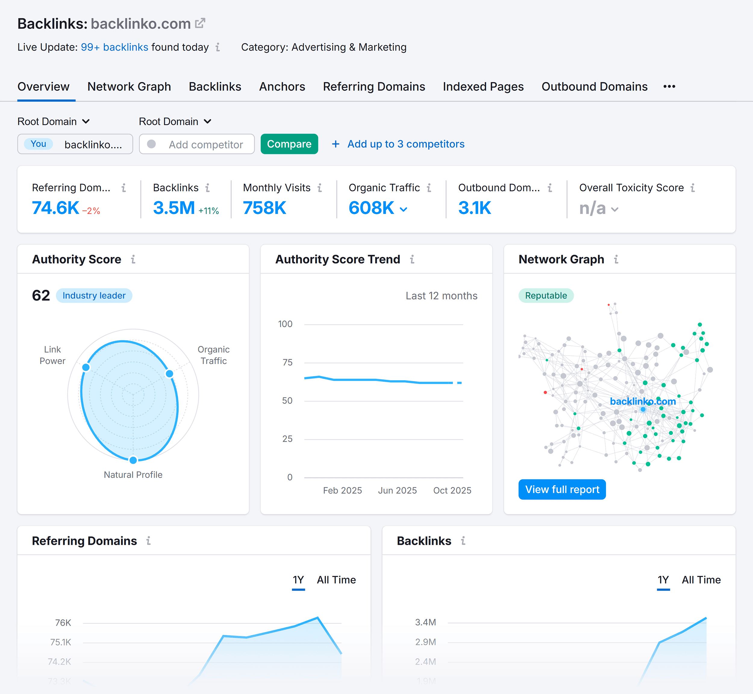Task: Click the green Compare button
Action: (289, 144)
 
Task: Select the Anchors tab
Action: (282, 87)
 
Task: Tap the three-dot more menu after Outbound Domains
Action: (669, 87)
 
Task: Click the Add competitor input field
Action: (205, 145)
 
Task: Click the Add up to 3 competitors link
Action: (405, 144)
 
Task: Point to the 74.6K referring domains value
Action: (55, 208)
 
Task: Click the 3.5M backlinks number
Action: (174, 208)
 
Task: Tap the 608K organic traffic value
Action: (371, 208)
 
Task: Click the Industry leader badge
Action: (94, 296)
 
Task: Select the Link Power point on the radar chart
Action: (86, 367)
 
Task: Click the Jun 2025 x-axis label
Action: (397, 491)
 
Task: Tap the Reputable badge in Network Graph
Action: (545, 296)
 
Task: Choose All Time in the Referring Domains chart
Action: (336, 580)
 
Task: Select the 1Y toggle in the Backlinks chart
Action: (663, 580)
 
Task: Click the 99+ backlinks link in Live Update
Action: (114, 47)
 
